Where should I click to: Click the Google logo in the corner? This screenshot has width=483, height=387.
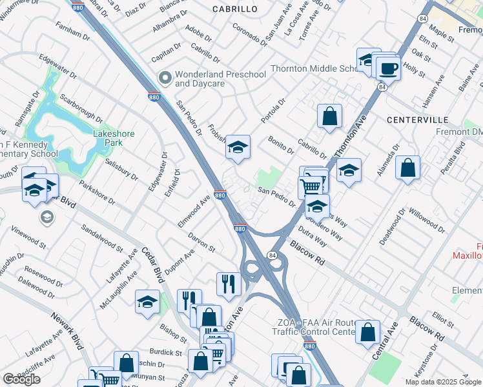(21, 379)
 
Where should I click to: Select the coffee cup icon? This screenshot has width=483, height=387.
(388, 68)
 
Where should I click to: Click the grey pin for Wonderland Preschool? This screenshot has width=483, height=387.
(165, 79)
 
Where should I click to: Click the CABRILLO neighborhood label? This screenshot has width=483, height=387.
(234, 9)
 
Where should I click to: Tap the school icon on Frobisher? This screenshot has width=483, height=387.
(238, 148)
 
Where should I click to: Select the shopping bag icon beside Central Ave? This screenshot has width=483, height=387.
(367, 332)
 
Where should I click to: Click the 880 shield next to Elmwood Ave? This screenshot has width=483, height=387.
(220, 195)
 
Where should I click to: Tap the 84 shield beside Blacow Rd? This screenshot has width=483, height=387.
(273, 255)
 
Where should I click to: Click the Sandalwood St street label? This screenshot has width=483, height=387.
(101, 237)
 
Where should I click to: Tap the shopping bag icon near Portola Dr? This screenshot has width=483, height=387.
(329, 117)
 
